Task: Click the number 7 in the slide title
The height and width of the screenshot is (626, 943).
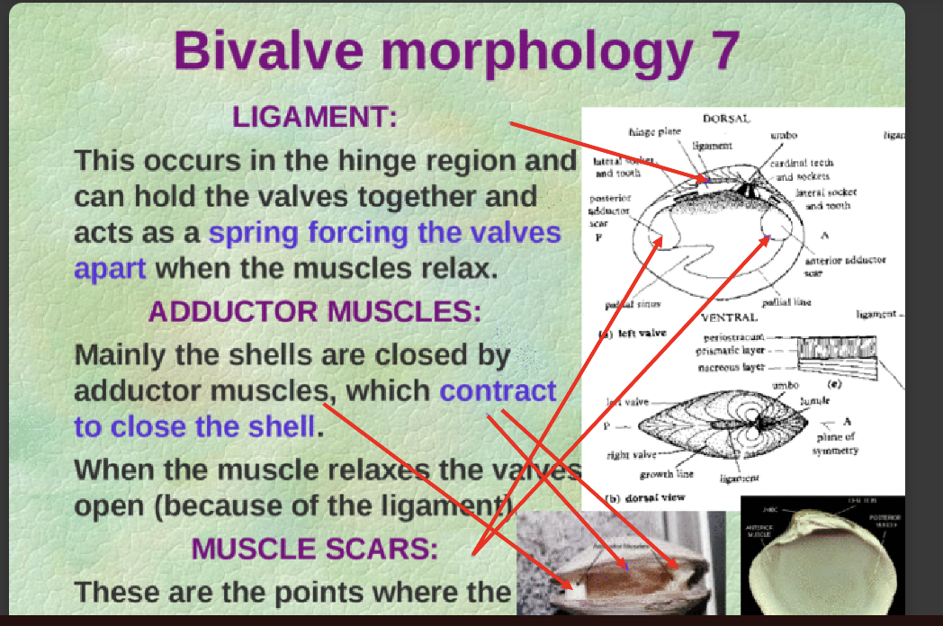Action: click(718, 50)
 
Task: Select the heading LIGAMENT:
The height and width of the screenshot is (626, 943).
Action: click(315, 118)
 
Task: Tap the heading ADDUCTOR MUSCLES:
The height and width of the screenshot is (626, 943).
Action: click(315, 312)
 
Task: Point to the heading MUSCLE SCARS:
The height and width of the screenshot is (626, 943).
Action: click(315, 548)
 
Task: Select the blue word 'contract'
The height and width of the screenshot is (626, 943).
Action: click(498, 391)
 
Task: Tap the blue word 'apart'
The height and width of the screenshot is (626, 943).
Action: click(110, 268)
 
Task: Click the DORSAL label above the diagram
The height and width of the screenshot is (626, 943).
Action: click(725, 119)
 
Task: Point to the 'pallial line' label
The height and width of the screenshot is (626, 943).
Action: click(786, 302)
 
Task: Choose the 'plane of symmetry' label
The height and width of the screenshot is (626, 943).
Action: click(836, 443)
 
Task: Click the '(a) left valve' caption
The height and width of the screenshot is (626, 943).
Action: click(632, 333)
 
